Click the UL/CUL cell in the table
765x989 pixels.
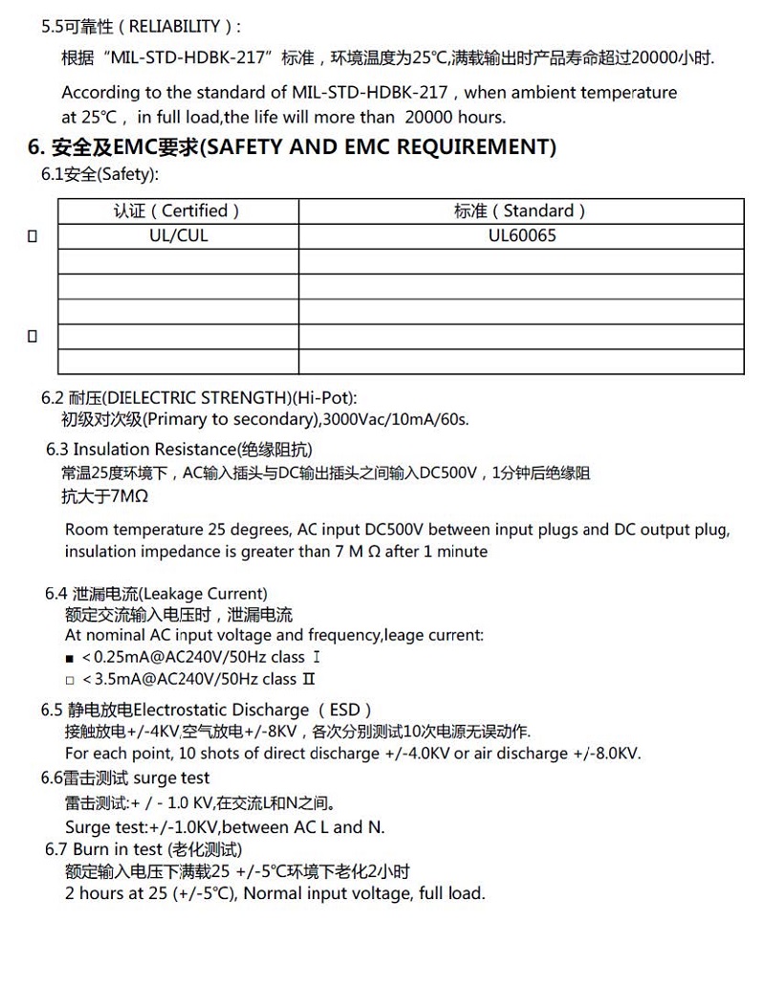click(x=178, y=235)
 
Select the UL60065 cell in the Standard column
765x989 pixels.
click(x=521, y=235)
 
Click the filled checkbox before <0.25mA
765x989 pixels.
click(x=70, y=658)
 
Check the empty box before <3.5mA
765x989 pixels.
click(x=70, y=680)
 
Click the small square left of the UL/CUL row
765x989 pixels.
click(x=33, y=236)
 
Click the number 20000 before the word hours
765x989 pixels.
click(x=434, y=117)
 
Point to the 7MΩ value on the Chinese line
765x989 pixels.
click(x=129, y=496)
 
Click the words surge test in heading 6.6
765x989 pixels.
click(x=171, y=779)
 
